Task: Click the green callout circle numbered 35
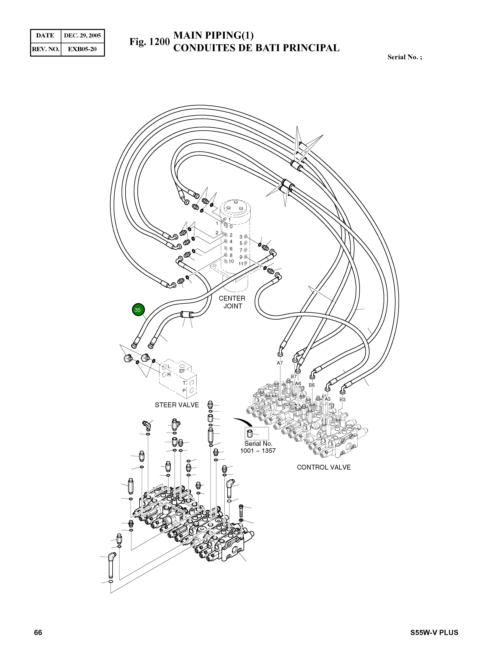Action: click(x=138, y=310)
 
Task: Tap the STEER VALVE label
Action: click(x=177, y=405)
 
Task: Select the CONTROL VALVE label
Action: click(x=324, y=467)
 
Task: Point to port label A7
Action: click(x=280, y=363)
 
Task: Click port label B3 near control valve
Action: click(x=342, y=399)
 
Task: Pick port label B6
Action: click(x=312, y=385)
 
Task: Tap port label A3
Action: click(x=327, y=399)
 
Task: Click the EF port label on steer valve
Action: click(x=182, y=371)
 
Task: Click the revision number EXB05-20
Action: click(x=82, y=49)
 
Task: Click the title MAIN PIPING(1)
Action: click(x=213, y=35)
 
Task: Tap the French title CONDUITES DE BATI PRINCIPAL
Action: click(x=256, y=48)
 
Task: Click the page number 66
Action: click(x=38, y=633)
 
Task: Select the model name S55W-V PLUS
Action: click(x=434, y=633)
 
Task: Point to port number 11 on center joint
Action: click(x=241, y=264)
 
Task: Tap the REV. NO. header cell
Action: click(x=46, y=49)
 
